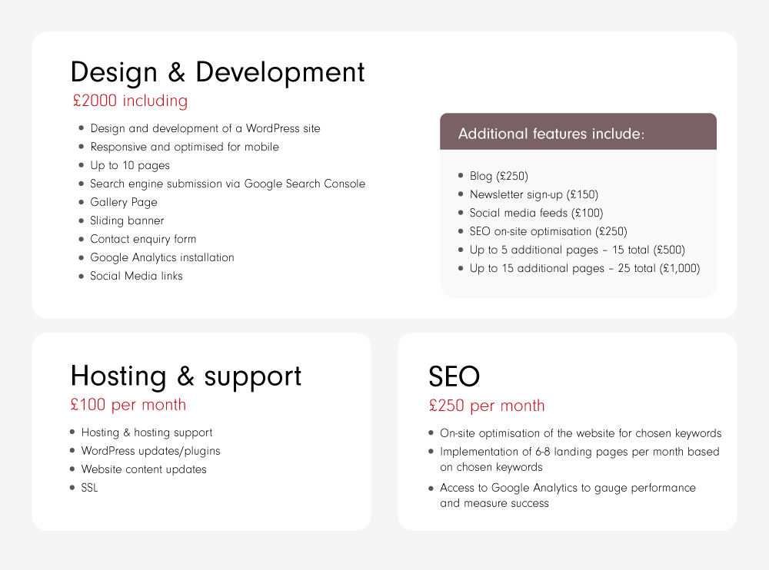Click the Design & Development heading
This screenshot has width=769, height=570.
[218, 72]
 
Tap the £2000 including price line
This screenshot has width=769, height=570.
[130, 101]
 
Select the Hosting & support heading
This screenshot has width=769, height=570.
[186, 376]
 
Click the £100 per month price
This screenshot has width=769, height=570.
[128, 405]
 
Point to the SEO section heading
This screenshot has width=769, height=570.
[454, 376]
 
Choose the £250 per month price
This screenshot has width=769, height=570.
[487, 406]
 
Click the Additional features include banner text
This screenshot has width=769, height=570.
[551, 134]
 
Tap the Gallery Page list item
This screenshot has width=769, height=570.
[124, 202]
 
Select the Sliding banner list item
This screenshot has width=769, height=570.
[127, 220]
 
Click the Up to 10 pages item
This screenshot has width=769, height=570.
[130, 166]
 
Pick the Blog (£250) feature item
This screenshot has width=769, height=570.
[499, 176]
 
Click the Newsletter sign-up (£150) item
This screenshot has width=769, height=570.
[534, 194]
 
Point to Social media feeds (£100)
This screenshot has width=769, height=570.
[537, 213]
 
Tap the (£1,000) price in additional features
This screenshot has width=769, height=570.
[680, 268]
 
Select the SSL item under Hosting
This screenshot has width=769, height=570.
[90, 488]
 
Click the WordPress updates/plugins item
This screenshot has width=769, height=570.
[151, 451]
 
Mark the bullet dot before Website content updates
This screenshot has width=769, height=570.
[72, 469]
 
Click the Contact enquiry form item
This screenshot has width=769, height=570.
[143, 239]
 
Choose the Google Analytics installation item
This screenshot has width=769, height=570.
[162, 258]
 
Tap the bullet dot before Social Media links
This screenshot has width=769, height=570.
[81, 276]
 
